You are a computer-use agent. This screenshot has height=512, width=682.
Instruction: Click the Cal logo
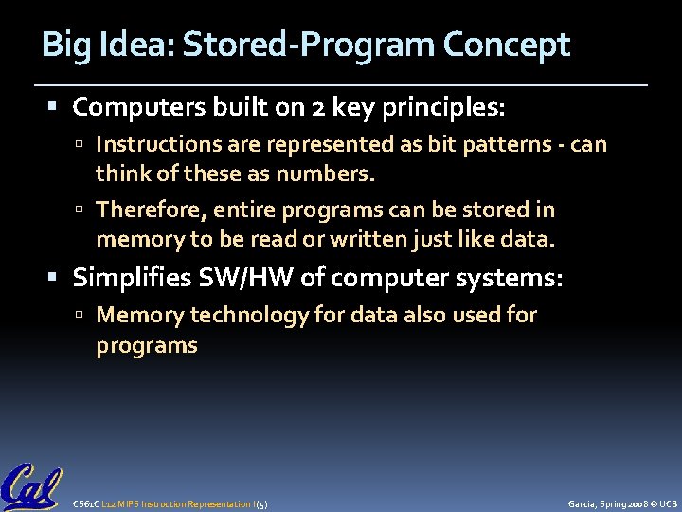point(31,486)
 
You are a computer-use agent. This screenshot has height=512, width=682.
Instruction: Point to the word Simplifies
point(132,278)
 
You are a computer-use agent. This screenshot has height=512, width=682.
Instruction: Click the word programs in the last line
point(147,345)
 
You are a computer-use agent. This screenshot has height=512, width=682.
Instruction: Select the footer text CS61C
point(83,503)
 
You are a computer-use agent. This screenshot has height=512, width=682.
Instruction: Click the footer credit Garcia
point(581,503)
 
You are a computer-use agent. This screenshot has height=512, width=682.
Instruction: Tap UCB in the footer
point(668,503)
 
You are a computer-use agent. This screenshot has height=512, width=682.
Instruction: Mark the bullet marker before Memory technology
point(85,315)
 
